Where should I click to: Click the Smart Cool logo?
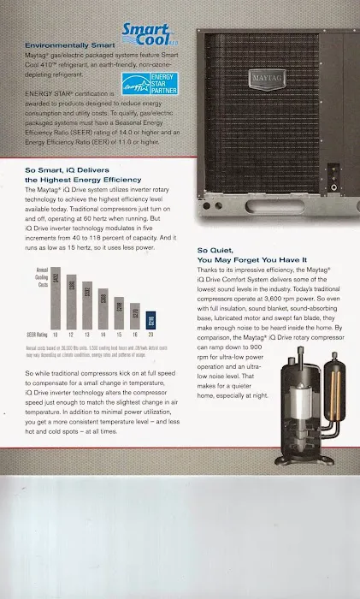pos(148,35)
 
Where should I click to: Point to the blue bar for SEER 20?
pos(150,321)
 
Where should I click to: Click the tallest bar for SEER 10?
pos(56,301)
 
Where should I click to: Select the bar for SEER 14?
pos(103,312)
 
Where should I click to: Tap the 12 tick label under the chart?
pos(72,334)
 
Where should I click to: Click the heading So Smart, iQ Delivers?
pos(70,170)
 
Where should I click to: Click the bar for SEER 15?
pos(119,315)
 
